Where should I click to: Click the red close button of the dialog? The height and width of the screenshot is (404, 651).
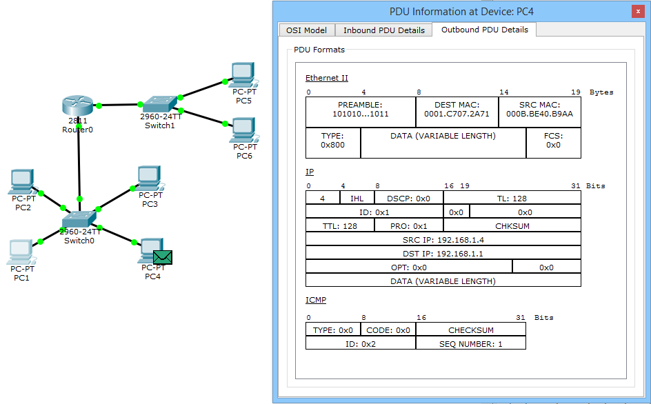[x=638, y=11]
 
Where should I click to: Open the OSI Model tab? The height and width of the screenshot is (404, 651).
[x=306, y=30]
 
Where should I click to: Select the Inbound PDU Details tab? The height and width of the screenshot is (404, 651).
[x=383, y=30]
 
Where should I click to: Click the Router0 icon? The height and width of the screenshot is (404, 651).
[x=78, y=105]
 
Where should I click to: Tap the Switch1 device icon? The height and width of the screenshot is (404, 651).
[x=159, y=104]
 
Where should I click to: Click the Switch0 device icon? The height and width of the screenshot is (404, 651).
[x=79, y=219]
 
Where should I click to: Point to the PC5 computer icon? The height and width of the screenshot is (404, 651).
[x=243, y=74]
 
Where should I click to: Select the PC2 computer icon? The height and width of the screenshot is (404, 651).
[x=21, y=181]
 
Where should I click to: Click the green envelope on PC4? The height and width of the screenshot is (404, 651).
[x=162, y=257]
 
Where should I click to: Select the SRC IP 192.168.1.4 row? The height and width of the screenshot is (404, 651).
[x=443, y=240]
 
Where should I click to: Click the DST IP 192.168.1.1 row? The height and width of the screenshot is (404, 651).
[x=443, y=253]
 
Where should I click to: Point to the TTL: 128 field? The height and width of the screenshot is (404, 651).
[x=339, y=226]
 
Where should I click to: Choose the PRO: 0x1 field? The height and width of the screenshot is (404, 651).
[x=408, y=226]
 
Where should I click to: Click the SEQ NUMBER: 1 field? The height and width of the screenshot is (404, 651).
[x=470, y=344]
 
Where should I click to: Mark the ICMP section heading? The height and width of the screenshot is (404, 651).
[x=316, y=300]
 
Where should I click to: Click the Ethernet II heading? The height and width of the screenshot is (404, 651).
[x=326, y=78]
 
